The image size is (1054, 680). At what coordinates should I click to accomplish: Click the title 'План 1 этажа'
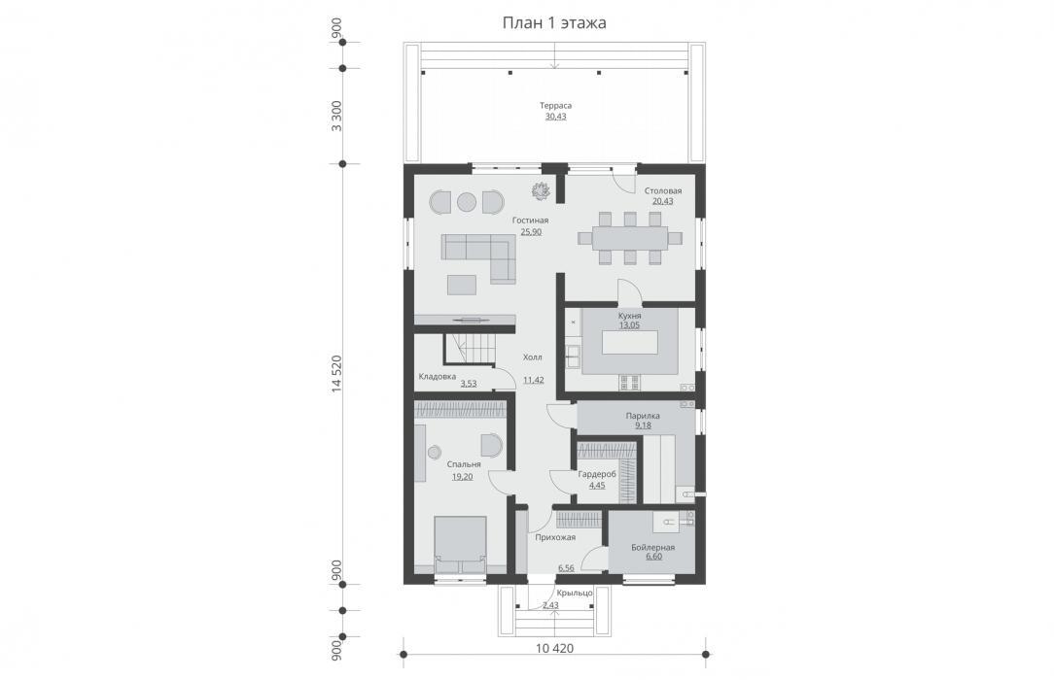[554, 22]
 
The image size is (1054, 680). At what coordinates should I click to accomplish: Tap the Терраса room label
[555, 105]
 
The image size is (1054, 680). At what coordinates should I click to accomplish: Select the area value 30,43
[555, 117]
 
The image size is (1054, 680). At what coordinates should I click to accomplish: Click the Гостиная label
[530, 221]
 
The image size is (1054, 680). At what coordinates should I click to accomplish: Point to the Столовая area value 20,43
[662, 201]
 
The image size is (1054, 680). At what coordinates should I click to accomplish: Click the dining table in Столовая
[630, 238]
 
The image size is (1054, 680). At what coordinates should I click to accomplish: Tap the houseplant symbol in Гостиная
[542, 190]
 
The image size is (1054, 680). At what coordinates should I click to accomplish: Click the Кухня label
[630, 316]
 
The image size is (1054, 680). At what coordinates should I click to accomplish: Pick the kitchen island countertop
[630, 344]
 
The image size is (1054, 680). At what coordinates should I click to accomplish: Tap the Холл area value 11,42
[534, 380]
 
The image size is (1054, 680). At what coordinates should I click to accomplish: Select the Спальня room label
[464, 464]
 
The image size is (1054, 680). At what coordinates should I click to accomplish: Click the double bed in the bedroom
[460, 544]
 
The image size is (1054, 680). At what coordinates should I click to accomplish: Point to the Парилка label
[643, 416]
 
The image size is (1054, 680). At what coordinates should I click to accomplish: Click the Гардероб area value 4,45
[597, 486]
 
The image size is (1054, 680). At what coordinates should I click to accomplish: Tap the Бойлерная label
[652, 547]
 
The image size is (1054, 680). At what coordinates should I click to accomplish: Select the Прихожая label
[555, 537]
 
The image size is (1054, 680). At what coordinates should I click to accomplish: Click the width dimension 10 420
[554, 649]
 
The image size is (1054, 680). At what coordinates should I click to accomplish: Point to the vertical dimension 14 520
[336, 374]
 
